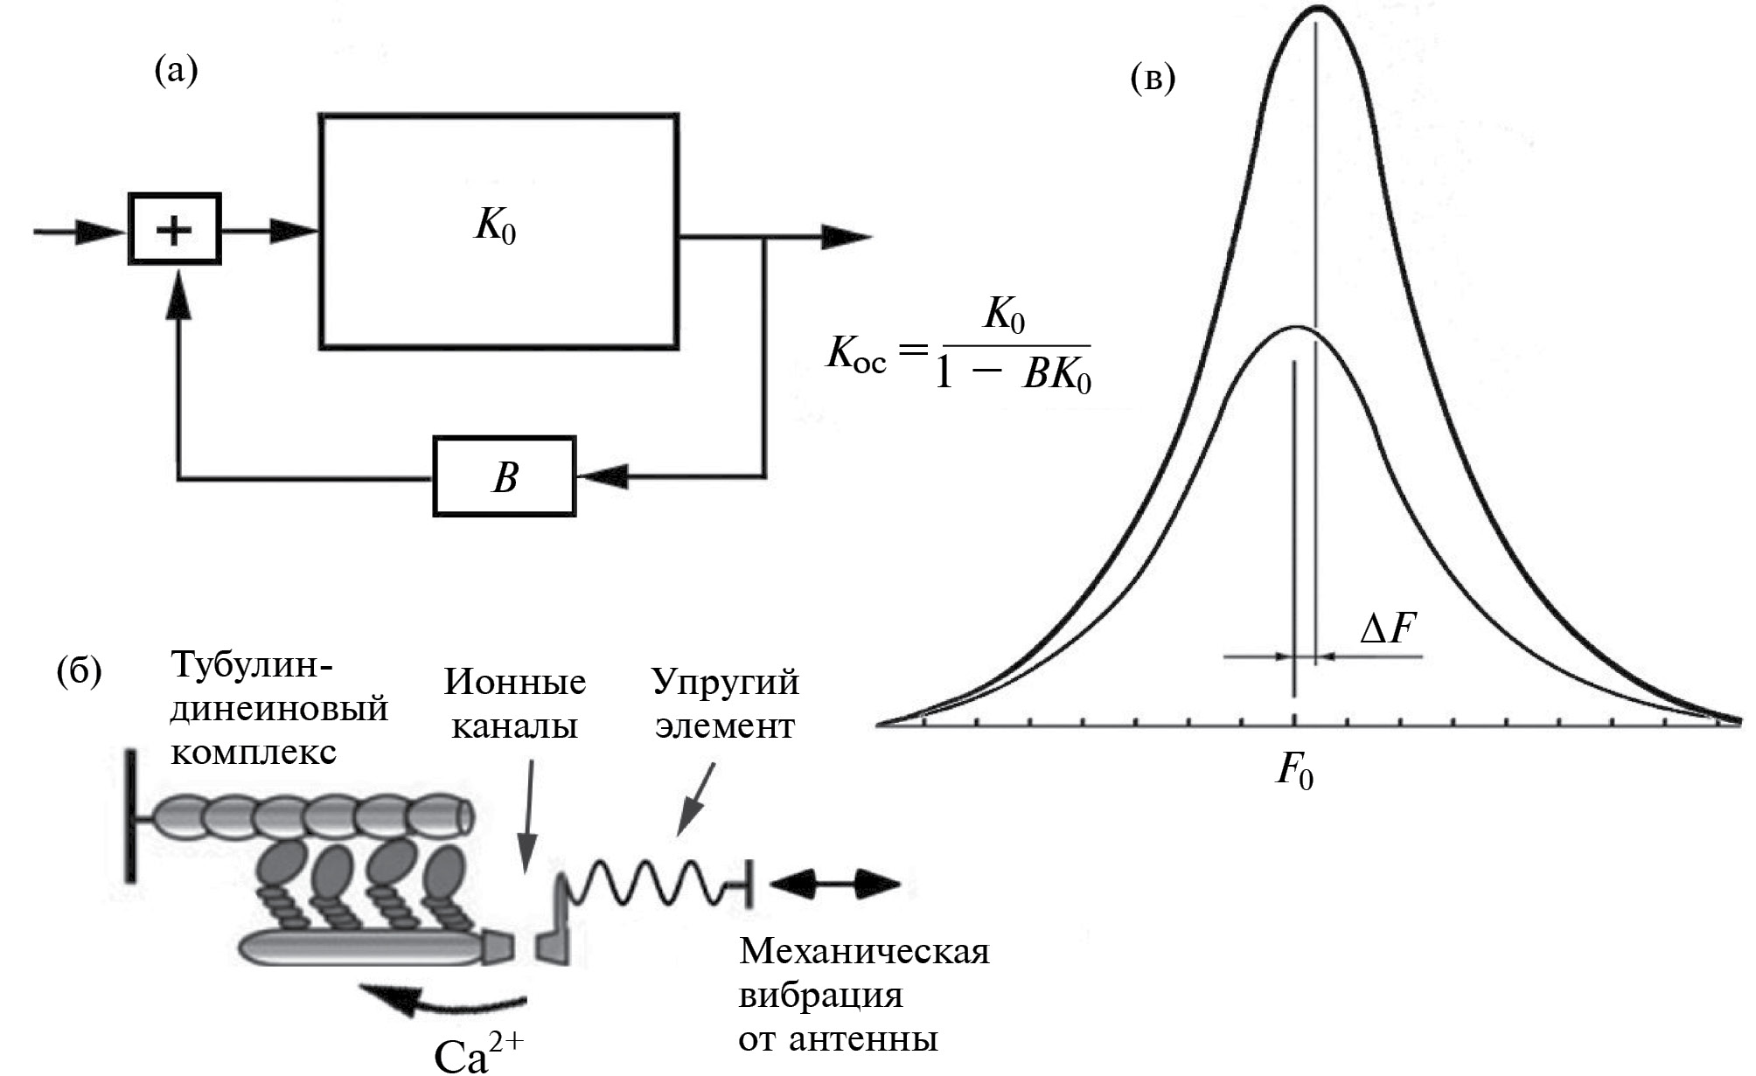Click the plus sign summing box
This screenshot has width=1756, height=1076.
pos(175,229)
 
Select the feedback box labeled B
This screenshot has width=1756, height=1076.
pos(505,476)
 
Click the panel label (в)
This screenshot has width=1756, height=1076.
pos(1153,79)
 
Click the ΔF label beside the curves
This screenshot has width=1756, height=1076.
pos(1388,628)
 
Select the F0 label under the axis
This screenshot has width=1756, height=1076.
pos(1295,772)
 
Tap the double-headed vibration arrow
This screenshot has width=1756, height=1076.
pos(835,885)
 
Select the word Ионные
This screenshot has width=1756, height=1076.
pos(514,683)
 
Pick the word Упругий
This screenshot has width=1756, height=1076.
pos(725,683)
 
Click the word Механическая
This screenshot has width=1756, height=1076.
pos(864,952)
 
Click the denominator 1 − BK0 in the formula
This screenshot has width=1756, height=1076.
pos(1014,377)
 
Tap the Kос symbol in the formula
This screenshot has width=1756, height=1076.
pos(856,356)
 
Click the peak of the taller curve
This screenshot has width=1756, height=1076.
pos(1316,9)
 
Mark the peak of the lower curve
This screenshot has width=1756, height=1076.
pos(1296,328)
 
